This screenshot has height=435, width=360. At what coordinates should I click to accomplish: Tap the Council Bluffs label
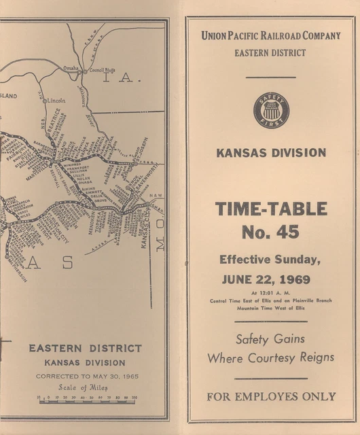coord(101,69)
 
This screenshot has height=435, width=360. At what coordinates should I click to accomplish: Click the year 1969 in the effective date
coord(293,279)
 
